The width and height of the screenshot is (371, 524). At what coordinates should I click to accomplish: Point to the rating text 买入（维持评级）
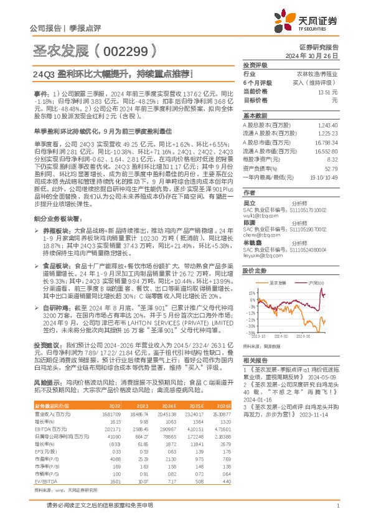click(x=317, y=82)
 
